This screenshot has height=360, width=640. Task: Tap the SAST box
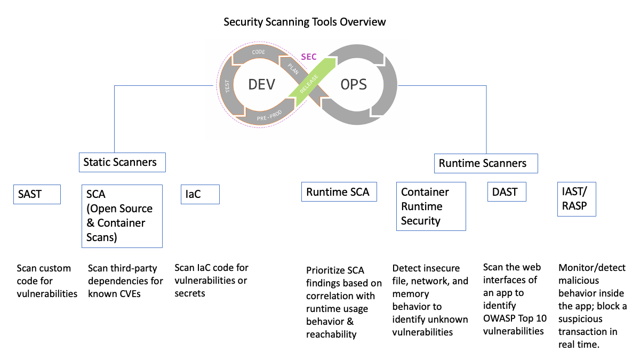click(37, 195)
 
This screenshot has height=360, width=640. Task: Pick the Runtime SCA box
click(339, 192)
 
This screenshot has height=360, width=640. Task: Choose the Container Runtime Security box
click(431, 206)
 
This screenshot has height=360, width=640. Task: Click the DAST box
click(506, 192)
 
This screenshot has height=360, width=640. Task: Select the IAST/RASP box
click(576, 199)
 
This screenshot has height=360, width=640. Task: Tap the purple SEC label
click(309, 57)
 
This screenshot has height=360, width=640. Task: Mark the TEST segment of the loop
click(228, 86)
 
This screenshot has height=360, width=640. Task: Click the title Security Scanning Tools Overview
click(305, 22)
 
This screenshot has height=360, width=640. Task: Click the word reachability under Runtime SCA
click(331, 334)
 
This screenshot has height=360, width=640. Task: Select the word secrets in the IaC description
click(190, 293)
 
